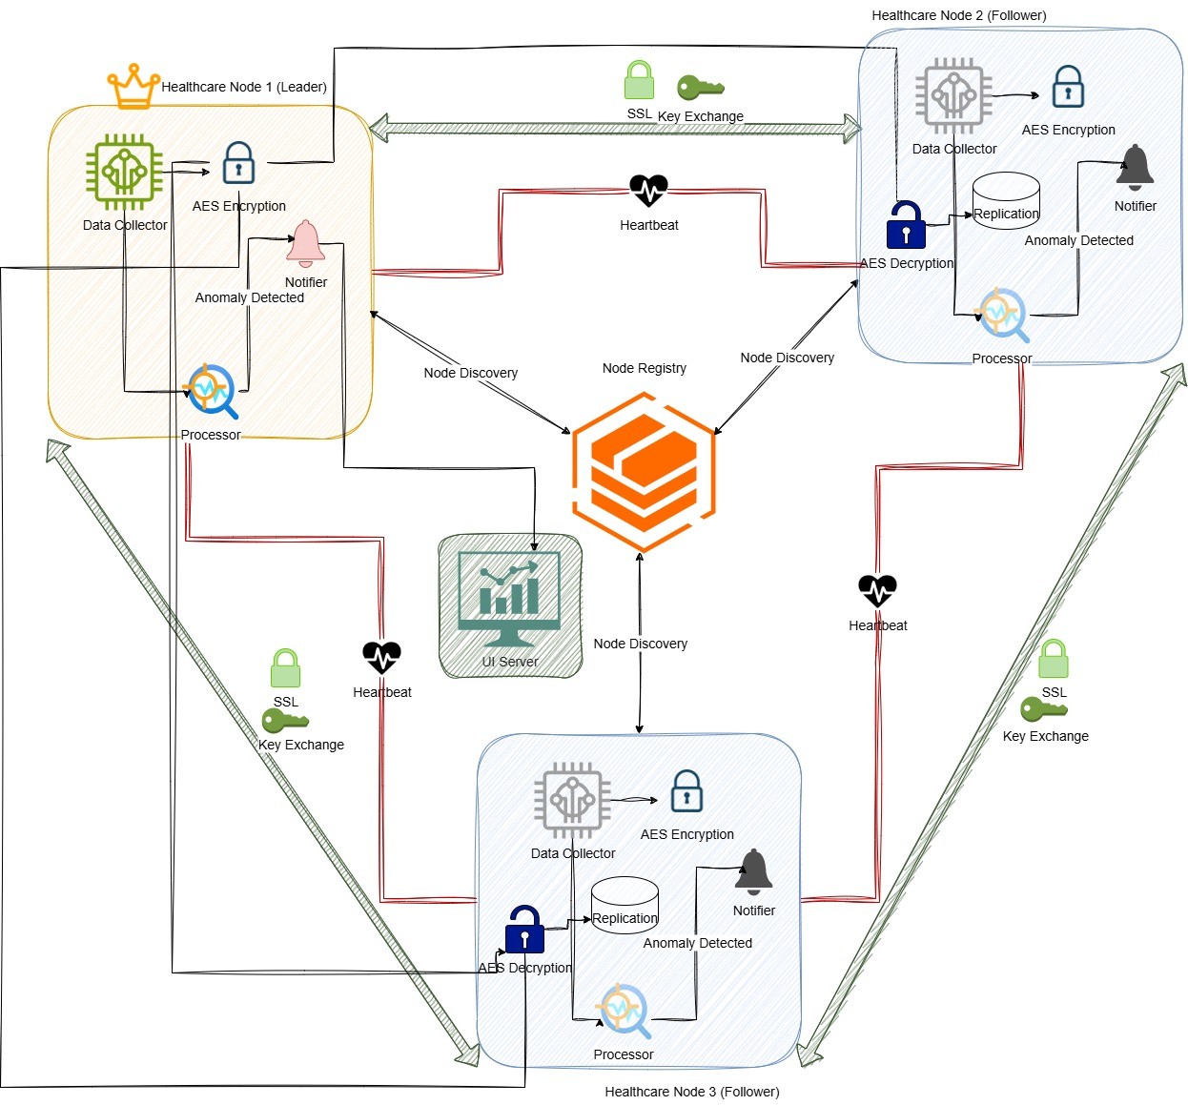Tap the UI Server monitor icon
click(509, 599)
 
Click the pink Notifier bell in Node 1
click(305, 244)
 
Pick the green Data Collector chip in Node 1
click(124, 172)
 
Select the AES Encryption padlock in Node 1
click(238, 163)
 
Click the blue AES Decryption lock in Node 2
click(906, 225)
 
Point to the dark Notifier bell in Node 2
click(1135, 168)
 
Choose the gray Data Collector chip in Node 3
click(572, 800)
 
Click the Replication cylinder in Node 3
click(625, 906)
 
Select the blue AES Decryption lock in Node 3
click(524, 930)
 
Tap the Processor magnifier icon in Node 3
click(624, 1011)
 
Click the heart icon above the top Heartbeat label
click(648, 191)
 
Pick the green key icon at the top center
click(701, 88)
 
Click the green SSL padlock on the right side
click(1054, 659)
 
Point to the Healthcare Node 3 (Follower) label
click(691, 1092)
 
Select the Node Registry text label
click(644, 368)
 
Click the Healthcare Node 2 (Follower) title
click(958, 15)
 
